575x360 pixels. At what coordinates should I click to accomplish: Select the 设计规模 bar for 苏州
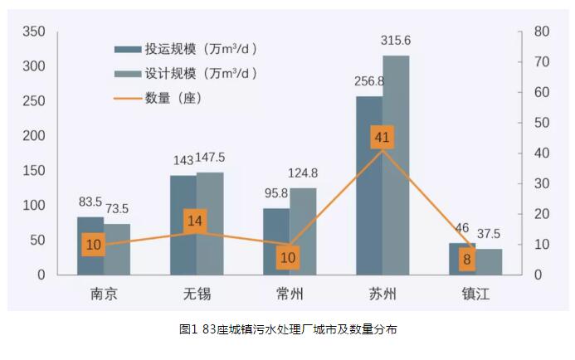pos(396,166)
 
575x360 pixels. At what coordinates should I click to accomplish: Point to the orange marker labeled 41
pos(382,138)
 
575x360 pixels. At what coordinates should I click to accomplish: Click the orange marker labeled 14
pos(196,221)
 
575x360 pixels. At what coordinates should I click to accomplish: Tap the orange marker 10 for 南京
pos(94,244)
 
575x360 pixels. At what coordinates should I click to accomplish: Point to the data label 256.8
pos(369,82)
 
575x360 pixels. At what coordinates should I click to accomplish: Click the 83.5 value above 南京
pos(90,202)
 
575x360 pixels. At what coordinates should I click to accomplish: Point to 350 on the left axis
pos(33,32)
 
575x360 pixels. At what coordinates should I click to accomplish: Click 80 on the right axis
pos(543,32)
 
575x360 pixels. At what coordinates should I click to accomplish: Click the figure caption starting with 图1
pos(288,329)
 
